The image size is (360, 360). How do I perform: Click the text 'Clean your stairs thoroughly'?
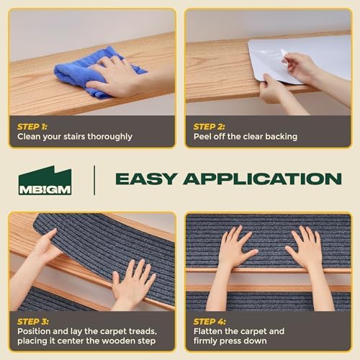[x=75, y=136]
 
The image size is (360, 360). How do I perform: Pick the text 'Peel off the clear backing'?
[x=245, y=136]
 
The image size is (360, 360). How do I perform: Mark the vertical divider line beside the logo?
[x=94, y=179]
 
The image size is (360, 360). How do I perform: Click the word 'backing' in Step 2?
[x=280, y=136]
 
